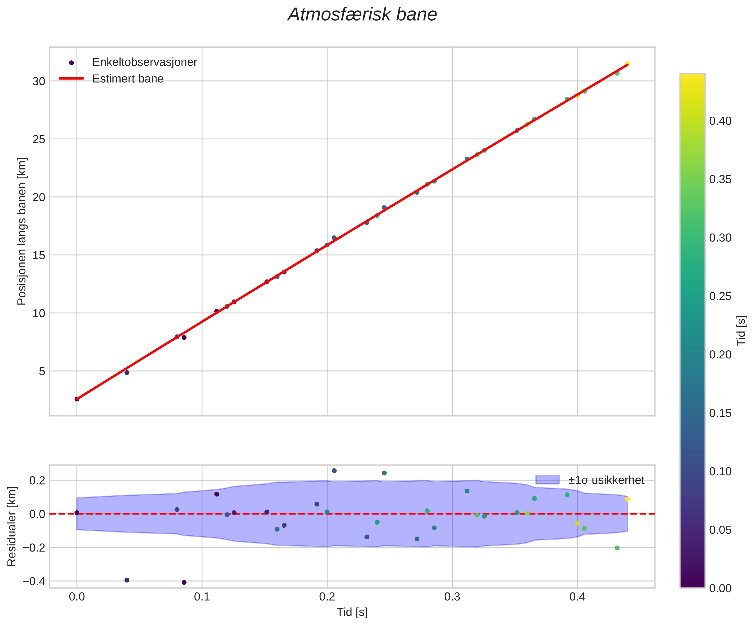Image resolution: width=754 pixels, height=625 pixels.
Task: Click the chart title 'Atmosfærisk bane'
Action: pos(362,15)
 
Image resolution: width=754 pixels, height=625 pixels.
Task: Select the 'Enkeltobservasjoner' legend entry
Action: pos(144,62)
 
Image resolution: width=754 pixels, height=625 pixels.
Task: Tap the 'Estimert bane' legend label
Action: pos(128,78)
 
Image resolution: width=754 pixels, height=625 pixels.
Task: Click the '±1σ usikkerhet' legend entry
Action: pos(606,480)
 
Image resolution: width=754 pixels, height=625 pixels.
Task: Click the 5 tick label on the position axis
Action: pos(42,371)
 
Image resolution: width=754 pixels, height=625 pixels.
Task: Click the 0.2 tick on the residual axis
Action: pos(37,480)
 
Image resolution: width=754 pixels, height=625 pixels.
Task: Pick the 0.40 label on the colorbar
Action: pos(720,121)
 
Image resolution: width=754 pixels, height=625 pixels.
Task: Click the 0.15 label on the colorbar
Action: pos(720,413)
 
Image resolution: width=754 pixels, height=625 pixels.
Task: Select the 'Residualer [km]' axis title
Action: pos(12,526)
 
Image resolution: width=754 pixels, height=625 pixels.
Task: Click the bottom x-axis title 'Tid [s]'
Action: pos(352,612)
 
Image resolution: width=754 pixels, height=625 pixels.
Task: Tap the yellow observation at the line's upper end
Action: pos(627,64)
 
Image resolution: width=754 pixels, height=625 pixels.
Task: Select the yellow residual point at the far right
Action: pos(627,499)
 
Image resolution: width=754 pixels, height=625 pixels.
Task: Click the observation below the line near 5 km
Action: pos(127,372)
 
